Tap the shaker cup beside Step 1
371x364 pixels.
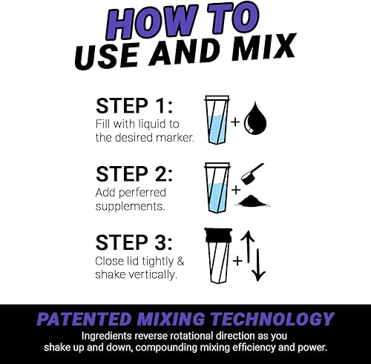pos(217,120)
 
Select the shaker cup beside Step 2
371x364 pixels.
pos(217,187)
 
